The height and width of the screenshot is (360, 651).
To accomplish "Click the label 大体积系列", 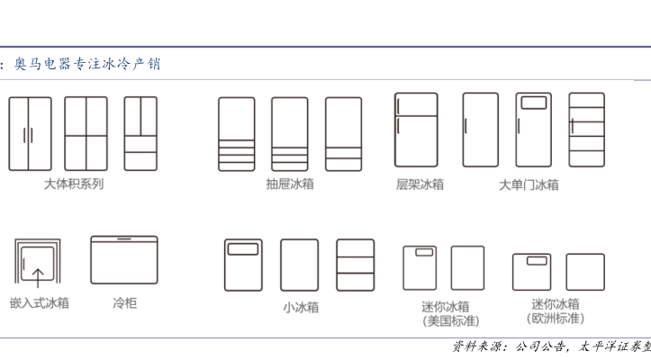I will [74, 184].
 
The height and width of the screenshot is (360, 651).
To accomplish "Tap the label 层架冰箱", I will [420, 184].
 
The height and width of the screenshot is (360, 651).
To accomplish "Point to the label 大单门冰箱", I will [529, 184].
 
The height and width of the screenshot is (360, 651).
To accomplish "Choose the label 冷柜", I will [124, 303].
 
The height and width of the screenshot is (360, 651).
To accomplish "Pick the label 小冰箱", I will [300, 307].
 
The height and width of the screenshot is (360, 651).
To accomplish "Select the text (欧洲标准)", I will [555, 319].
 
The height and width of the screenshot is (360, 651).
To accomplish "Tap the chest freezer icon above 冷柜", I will [124, 260].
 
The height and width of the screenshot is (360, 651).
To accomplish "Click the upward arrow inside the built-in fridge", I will [38, 276].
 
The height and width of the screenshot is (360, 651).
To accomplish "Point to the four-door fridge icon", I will [86, 133].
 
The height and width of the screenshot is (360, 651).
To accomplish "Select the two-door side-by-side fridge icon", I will [30, 133].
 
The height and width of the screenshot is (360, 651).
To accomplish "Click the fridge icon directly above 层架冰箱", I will [416, 130].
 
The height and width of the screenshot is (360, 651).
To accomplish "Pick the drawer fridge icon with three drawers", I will [237, 134].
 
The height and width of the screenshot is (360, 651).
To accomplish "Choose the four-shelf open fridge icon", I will [586, 130].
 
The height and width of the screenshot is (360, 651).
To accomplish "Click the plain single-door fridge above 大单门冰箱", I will [480, 130].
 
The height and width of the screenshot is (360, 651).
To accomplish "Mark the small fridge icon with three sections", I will [356, 265].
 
